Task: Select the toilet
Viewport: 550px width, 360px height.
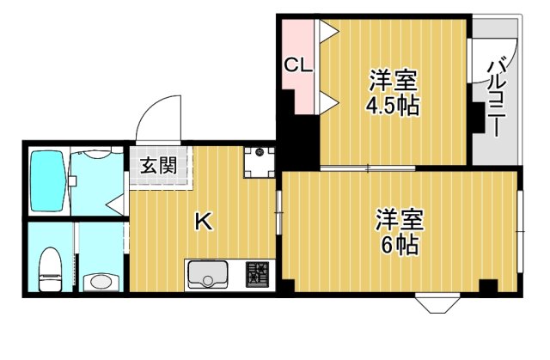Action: [51, 267]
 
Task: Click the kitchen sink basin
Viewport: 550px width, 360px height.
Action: [207, 276]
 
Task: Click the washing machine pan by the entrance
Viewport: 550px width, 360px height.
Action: [258, 161]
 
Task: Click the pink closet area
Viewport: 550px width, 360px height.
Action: [298, 64]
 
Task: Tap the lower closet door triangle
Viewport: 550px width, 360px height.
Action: [327, 105]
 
